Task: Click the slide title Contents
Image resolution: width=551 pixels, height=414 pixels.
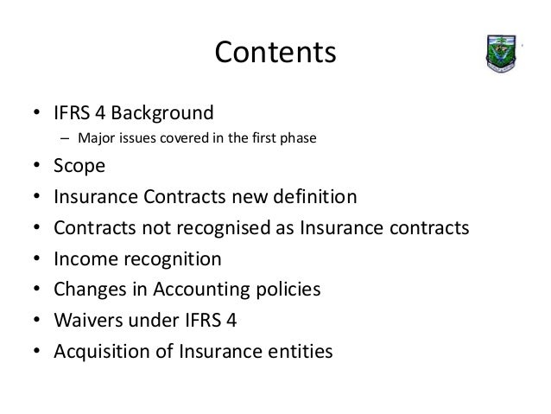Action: [x=275, y=53]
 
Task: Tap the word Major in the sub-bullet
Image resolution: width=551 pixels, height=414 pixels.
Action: [x=92, y=137]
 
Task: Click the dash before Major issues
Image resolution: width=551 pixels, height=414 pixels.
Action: [x=64, y=137]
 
